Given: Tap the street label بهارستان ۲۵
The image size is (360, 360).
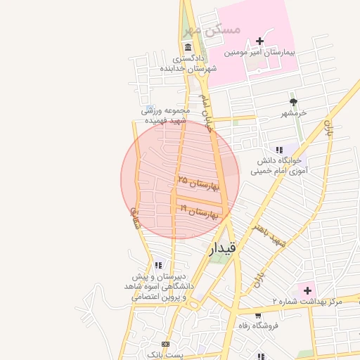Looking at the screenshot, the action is click(x=199, y=184).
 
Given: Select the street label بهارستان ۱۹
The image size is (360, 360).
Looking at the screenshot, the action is click(x=200, y=210).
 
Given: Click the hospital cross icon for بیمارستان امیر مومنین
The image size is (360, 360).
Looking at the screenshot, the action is click(x=260, y=41).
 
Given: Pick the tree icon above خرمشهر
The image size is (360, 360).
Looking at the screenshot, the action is click(x=293, y=102).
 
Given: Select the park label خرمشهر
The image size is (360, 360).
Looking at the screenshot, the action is click(x=295, y=113).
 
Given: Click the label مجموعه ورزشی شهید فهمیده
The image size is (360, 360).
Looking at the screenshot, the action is click(x=166, y=115).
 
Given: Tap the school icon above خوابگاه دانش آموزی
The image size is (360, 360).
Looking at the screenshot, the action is click(x=279, y=149).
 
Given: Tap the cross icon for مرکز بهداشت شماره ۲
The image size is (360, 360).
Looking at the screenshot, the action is click(x=307, y=290).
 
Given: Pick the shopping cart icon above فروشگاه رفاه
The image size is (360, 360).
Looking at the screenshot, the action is click(x=257, y=314).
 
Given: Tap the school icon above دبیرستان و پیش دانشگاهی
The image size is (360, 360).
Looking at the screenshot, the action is click(x=157, y=265).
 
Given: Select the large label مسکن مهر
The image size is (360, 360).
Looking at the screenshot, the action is click(x=212, y=30).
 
